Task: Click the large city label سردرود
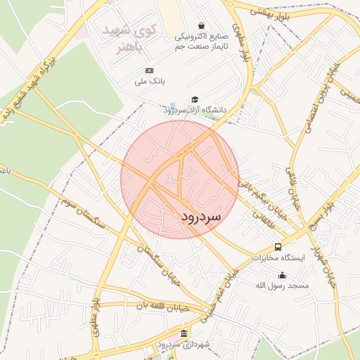click(191, 217)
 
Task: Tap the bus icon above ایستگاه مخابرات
click(278, 247)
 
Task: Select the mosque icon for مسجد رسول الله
click(283, 276)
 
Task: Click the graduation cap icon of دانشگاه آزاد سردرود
click(195, 100)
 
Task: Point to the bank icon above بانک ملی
click(148, 71)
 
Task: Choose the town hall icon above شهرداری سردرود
click(184, 333)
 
